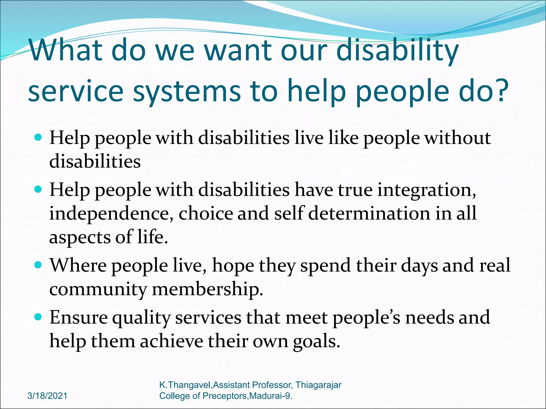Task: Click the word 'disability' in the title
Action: click(x=397, y=51)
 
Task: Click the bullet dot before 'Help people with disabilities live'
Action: click(x=39, y=137)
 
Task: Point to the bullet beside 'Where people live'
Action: click(x=39, y=265)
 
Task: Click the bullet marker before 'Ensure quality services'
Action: click(x=39, y=317)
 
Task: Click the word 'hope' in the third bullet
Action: click(x=233, y=266)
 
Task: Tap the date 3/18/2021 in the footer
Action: click(x=47, y=396)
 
